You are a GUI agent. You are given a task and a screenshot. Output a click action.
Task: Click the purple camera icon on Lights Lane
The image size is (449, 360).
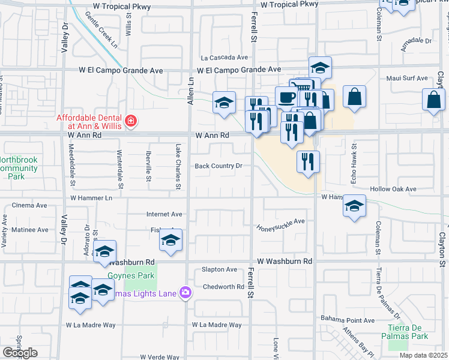pos(185,292)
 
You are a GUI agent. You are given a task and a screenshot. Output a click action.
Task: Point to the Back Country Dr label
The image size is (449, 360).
pos(218,166)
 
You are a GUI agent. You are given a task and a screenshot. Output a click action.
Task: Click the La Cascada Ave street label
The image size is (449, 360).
pos(224,58)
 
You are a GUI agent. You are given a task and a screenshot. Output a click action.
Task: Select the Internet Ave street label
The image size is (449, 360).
pos(164,214)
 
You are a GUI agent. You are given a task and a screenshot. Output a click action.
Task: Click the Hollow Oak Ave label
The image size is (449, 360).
pos(393,189)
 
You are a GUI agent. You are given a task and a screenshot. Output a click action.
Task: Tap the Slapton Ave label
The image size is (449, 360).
pos(220,270)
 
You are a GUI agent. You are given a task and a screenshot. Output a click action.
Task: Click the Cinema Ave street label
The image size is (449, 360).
pos(29,205)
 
